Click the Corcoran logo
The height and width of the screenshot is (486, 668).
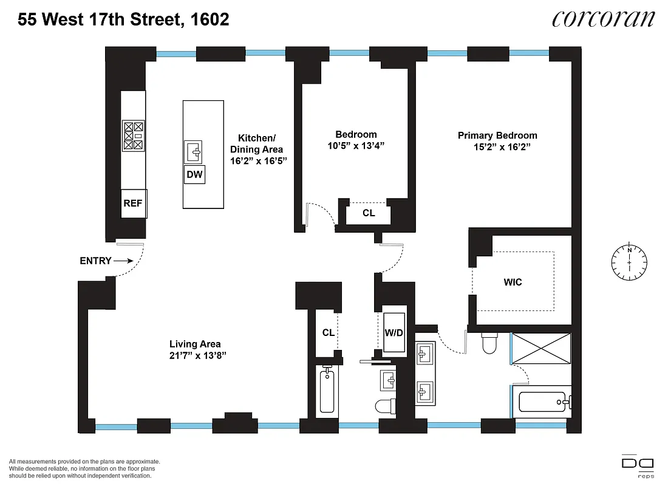603,19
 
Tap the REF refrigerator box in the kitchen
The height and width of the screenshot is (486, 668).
133,203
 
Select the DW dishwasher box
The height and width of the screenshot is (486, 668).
195,175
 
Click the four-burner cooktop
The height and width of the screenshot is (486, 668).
134,136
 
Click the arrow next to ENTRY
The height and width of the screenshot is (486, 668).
124,261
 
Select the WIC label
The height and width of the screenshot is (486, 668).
513,282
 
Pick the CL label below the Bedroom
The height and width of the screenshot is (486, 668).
369,213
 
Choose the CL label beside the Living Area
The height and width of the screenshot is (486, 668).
329,332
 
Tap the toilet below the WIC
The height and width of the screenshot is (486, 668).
489,344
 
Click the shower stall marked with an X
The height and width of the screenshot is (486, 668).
540,349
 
